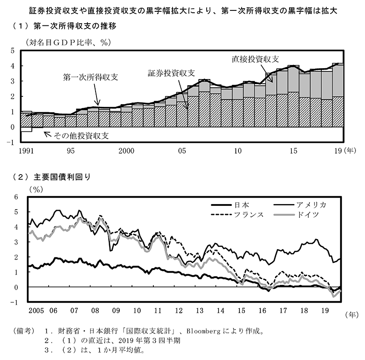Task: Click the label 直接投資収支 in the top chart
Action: click(x=255, y=59)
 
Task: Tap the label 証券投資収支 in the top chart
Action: click(x=171, y=73)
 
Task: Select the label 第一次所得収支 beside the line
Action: click(x=91, y=77)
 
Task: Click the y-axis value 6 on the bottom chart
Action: click(x=16, y=197)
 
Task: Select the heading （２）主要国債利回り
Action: click(x=54, y=177)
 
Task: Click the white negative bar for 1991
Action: click(x=26, y=129)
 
